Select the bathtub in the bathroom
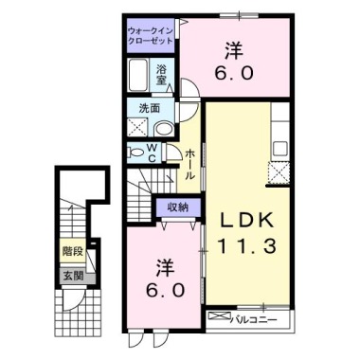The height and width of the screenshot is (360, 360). tap(137, 73)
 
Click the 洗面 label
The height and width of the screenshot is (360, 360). tap(140, 108)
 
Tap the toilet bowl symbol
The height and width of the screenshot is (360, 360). tap(134, 152)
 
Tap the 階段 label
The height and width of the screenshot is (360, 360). tap(73, 253)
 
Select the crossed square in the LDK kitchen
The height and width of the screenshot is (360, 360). tap(281, 171)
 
